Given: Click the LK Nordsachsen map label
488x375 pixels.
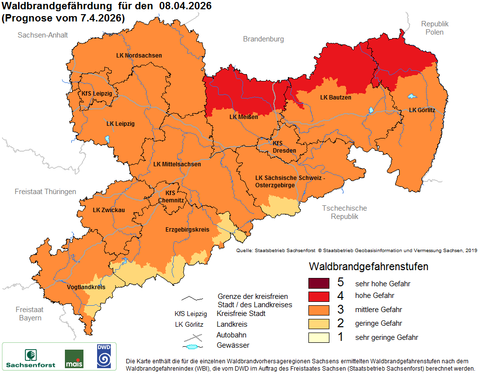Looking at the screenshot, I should point(139,56).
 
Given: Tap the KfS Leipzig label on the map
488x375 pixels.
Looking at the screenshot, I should point(97,93).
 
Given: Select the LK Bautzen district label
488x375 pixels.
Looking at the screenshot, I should point(335,98).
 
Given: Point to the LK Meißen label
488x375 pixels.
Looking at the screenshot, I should point(244,117).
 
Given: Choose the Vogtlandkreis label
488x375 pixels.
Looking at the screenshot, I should point(86,287).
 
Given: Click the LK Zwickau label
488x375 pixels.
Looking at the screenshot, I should point(109,210).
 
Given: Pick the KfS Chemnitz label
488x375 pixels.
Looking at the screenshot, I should point(171,197).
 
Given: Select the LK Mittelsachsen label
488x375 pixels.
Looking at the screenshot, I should point(177,164).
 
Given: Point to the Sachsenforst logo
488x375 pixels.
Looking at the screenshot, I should point(30,358).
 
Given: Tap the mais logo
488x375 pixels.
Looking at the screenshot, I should point(74,359).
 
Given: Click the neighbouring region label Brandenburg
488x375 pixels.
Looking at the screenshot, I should point(263,39).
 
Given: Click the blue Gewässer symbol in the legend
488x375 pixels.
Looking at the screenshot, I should point(193,347).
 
